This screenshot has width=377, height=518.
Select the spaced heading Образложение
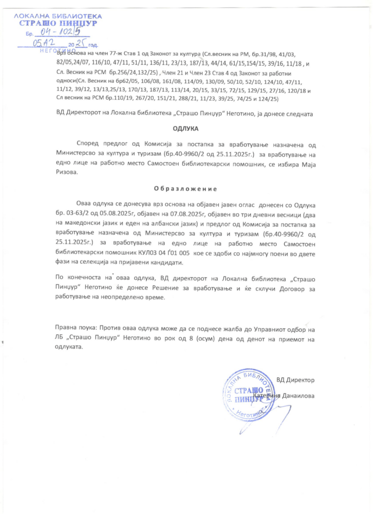point(185,189)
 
